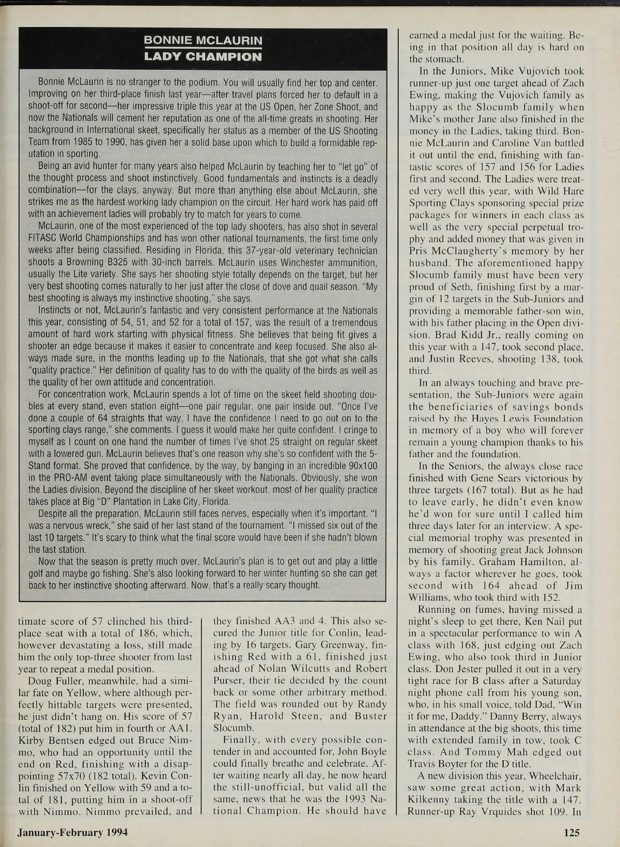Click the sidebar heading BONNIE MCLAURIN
(x=203, y=40)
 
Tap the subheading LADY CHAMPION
(x=203, y=56)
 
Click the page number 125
(x=572, y=832)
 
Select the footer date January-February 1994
(x=73, y=832)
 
